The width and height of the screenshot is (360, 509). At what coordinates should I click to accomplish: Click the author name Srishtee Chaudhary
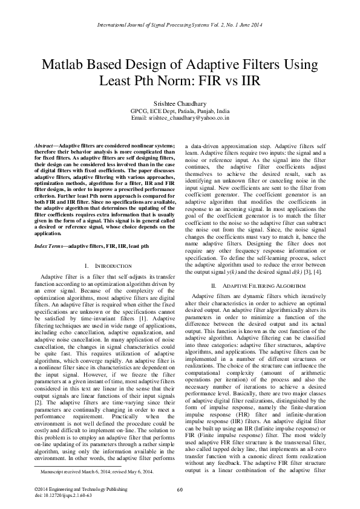coord(180,104)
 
